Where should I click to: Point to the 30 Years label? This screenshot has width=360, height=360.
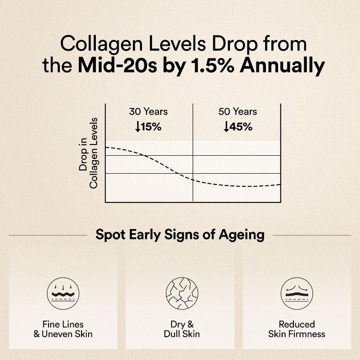coord(148,112)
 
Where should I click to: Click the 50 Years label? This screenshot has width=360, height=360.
coord(237,112)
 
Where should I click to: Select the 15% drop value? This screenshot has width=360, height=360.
coord(151,126)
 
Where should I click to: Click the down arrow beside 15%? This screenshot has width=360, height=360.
coord(137,127)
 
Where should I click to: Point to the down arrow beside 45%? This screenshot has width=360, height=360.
coord(226,127)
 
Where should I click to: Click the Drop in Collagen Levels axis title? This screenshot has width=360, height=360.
coord(88,153)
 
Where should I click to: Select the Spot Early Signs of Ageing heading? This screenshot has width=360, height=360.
coord(180,235)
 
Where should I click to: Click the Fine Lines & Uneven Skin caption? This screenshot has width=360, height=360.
coord(63,329)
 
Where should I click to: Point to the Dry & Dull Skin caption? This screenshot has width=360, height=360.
coord(180,329)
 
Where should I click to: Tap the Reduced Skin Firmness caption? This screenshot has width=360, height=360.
coord(297,329)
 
